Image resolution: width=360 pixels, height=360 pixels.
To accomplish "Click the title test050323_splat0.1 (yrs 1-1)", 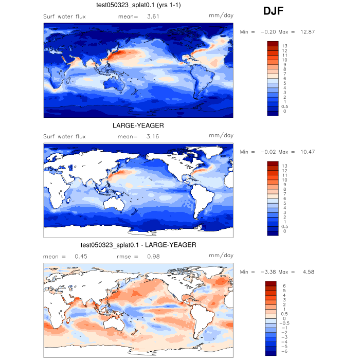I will pyautogui.click(x=138, y=5).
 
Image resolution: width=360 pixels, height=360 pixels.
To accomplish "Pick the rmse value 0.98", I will pyautogui.click(x=154, y=256).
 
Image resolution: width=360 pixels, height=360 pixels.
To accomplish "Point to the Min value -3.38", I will pyautogui.click(x=270, y=272).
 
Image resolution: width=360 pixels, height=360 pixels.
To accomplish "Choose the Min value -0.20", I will pyautogui.click(x=270, y=32).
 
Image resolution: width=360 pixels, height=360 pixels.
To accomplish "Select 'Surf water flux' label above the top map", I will pyautogui.click(x=64, y=17).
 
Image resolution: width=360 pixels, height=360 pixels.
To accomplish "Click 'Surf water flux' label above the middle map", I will pyautogui.click(x=64, y=137).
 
